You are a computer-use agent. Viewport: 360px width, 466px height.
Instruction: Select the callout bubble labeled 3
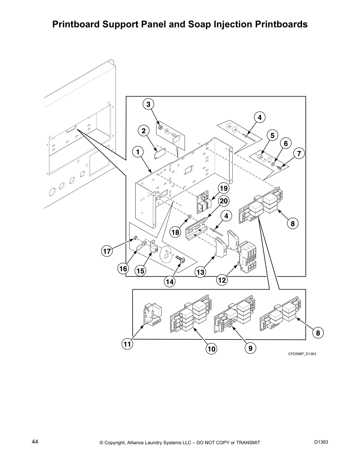pos(148,104)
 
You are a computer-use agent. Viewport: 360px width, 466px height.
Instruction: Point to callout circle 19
pos(224,188)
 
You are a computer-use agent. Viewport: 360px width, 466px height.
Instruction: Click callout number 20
pos(224,201)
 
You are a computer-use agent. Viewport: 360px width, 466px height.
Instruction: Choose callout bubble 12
pos(222,280)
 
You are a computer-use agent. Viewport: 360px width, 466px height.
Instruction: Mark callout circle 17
pos(107,252)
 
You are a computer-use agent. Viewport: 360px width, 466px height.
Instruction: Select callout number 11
pos(127,344)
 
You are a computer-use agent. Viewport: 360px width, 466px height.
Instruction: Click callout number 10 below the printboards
pos(211,349)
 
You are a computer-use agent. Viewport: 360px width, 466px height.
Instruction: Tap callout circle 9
pos(250,348)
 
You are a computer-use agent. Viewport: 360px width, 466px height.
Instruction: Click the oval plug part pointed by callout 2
pos(160,154)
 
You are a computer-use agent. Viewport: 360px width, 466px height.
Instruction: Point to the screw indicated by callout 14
pos(180,259)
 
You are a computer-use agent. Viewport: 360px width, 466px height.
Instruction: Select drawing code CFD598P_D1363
pos(302,354)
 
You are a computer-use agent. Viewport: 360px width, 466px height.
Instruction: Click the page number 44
pos(35,442)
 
